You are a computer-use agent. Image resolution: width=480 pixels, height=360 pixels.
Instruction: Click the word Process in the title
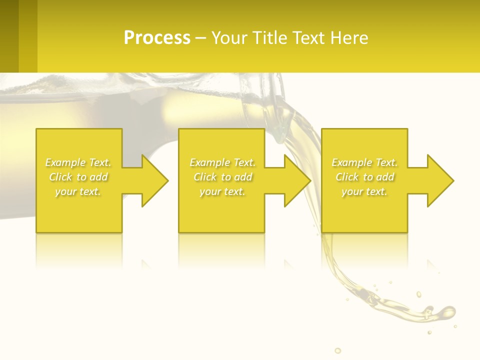coord(157,37)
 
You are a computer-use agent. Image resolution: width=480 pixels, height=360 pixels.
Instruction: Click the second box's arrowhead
coord(297,180)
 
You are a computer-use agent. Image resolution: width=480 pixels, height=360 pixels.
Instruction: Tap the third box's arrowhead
coord(440,180)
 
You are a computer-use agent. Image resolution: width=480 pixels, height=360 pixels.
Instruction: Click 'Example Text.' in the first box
coord(78,162)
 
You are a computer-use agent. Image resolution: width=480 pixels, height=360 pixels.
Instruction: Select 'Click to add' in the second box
coord(222,177)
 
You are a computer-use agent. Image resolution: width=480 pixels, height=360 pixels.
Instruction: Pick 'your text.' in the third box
coord(364,191)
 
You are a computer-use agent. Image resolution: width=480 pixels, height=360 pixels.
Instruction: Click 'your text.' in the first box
coord(78,191)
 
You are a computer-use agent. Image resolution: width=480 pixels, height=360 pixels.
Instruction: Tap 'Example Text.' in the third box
coord(364,162)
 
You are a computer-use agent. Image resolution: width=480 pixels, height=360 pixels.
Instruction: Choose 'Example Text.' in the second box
coord(222,162)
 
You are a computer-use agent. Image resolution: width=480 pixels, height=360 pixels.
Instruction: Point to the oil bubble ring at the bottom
coord(337,350)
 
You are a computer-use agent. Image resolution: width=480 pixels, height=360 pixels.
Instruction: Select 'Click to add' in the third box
coord(364,177)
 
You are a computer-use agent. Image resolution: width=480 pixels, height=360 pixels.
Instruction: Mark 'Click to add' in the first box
coord(78,177)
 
